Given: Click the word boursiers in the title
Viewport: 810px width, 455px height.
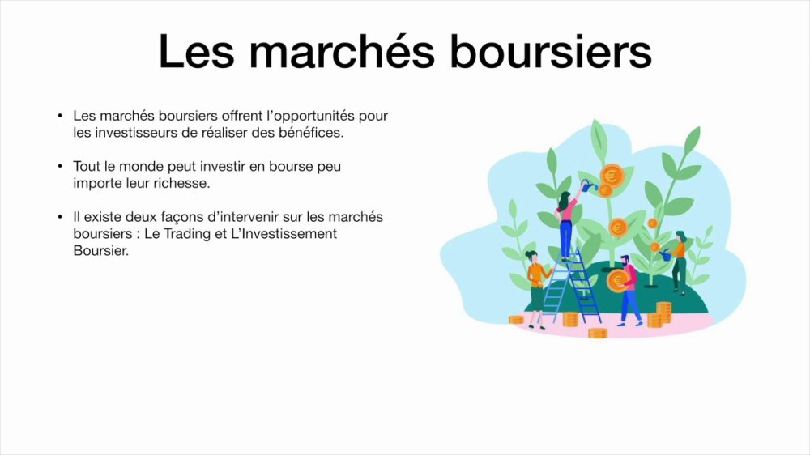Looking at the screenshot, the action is coord(550,51).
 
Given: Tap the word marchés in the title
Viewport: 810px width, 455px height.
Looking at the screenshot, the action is coord(342,51).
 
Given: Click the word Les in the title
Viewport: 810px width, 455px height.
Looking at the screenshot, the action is coord(196,51).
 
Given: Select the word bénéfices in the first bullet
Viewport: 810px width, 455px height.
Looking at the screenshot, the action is coord(310,133).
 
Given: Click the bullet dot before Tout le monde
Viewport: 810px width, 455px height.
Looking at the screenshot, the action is coord(61,166).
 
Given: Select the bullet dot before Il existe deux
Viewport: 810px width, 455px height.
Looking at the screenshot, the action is coord(61,217).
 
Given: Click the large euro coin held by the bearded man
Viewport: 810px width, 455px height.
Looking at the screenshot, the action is coord(618,280).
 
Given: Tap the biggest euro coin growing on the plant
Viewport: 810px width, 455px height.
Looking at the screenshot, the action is coord(612,176).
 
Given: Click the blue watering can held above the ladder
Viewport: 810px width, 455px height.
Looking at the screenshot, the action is coord(588,185).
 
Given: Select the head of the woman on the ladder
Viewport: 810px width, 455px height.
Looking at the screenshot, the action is coord(564,198).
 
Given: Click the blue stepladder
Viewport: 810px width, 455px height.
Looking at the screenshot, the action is coord(570,287).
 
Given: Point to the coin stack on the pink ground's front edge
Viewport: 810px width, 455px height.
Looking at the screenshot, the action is coord(597,334).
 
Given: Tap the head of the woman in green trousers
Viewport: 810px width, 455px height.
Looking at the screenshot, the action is coord(680,236).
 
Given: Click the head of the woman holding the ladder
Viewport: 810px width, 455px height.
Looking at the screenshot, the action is coord(531,256).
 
